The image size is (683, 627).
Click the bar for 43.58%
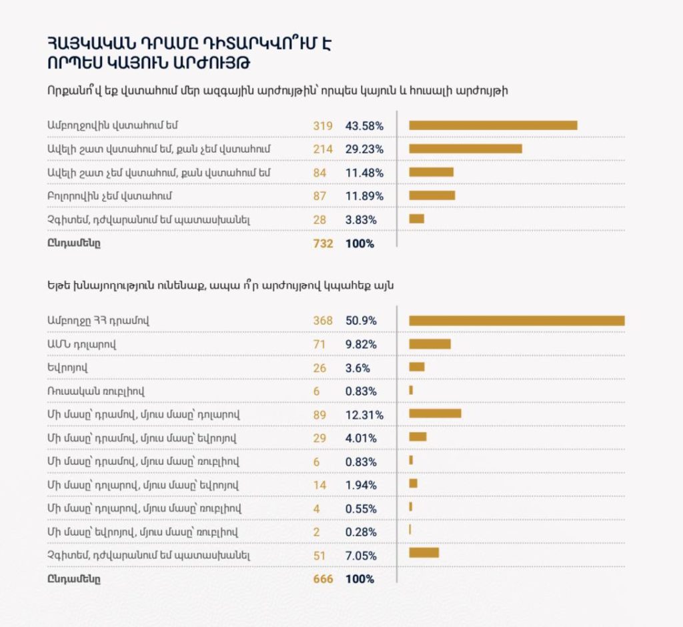tap(493, 125)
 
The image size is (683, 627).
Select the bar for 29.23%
tap(465, 149)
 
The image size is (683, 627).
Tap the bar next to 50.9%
tap(517, 321)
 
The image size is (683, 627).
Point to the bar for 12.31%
tap(435, 414)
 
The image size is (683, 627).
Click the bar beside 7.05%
tap(424, 554)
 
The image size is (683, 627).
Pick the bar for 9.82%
tap(430, 344)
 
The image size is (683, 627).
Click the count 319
tap(323, 126)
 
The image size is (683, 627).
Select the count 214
tap(323, 149)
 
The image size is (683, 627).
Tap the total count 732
tap(323, 243)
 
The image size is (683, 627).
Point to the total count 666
tap(323, 579)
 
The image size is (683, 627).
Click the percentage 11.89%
tap(365, 196)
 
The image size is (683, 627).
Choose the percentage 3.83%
tap(361, 220)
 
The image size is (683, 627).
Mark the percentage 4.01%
tap(361, 438)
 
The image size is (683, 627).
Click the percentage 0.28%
tap(361, 532)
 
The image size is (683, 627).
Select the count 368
tap(323, 321)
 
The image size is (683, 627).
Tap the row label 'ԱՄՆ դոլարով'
tap(82, 344)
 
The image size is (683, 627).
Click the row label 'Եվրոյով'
tap(67, 368)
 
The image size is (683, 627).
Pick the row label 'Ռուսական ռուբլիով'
tap(96, 391)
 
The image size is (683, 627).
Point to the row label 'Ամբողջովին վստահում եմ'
tap(112, 125)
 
